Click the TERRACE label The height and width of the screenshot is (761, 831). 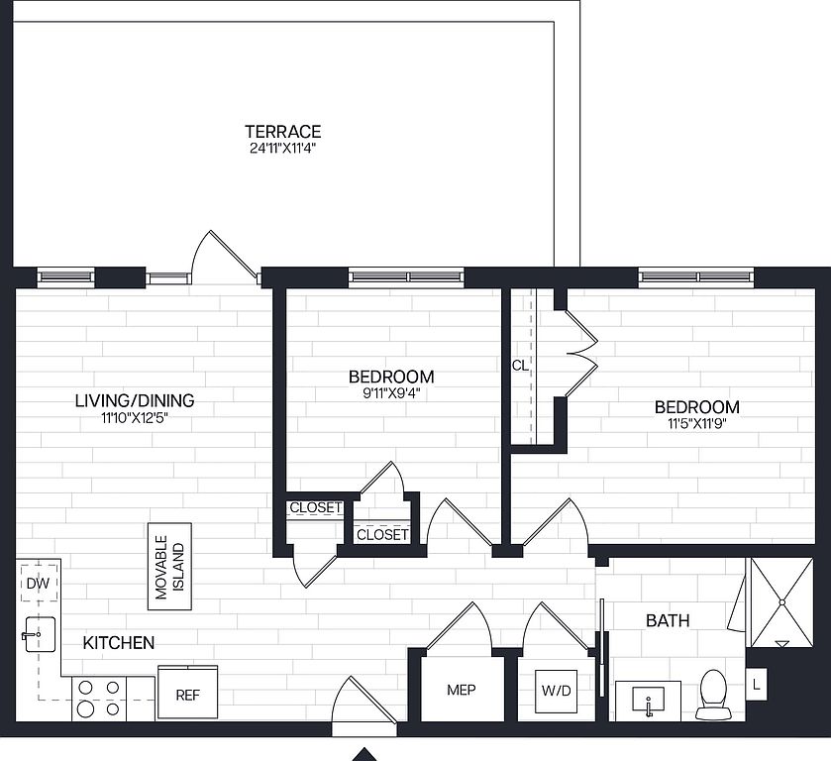point(283,131)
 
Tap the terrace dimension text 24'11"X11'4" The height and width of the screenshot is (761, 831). point(283,148)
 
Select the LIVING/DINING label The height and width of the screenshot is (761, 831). point(135,400)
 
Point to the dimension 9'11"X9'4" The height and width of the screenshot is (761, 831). point(391,393)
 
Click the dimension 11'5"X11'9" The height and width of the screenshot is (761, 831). point(697,423)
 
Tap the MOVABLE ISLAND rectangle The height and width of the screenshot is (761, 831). point(169,567)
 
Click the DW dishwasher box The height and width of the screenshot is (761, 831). point(39,584)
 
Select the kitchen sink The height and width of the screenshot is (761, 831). point(39,634)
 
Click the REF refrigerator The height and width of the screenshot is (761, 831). point(187,693)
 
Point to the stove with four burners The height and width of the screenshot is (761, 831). point(99,699)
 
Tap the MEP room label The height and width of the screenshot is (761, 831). point(462,690)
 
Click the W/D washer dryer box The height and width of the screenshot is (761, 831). point(557,691)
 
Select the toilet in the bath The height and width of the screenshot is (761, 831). point(713,695)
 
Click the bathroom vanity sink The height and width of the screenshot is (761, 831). point(648,701)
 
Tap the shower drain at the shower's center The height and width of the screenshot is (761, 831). point(781,601)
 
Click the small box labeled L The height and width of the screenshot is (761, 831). point(756,684)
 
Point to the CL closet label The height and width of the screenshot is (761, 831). point(520,366)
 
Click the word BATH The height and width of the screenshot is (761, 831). point(668,620)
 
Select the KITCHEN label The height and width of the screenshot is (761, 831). point(119,643)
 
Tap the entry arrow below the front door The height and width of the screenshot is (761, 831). point(364,754)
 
